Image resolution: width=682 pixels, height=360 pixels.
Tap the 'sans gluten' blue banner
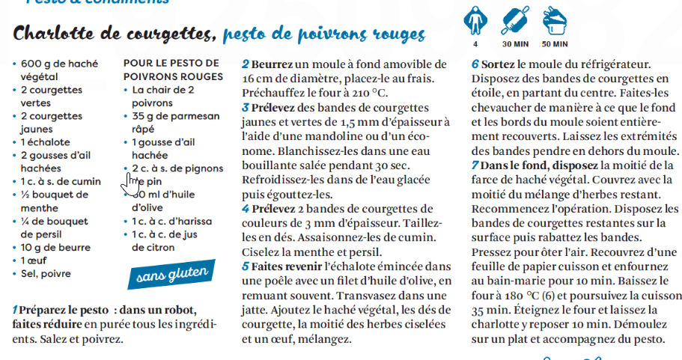pyautogui.click(x=172, y=274)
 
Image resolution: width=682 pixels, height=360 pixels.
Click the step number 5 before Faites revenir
pyautogui.click(x=245, y=266)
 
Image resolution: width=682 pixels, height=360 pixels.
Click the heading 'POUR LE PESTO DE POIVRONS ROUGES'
pyautogui.click(x=171, y=70)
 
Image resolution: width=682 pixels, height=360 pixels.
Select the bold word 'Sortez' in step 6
pyautogui.click(x=498, y=64)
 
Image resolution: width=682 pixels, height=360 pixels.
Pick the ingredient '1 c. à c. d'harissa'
pyautogui.click(x=171, y=222)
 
